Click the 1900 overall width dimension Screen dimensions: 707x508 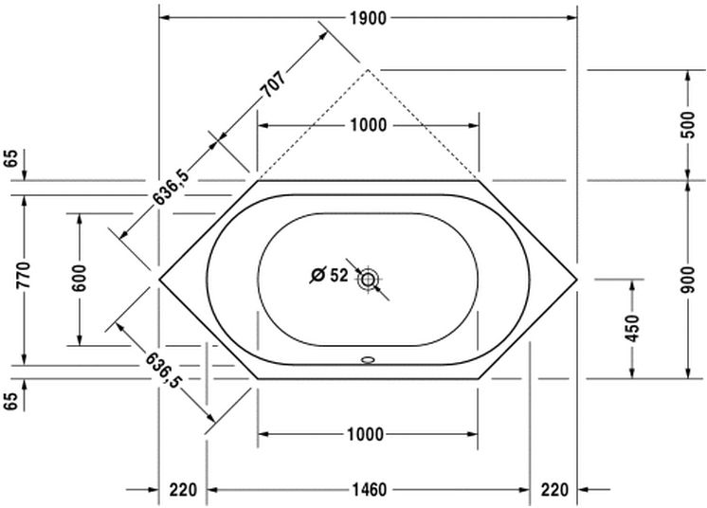(368, 18)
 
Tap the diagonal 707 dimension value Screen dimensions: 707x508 (274, 84)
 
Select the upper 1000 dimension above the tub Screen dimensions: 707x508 (369, 125)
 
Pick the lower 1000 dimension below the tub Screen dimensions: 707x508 (366, 434)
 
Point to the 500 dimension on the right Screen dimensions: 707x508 (688, 125)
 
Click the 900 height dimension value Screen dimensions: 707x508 (688, 280)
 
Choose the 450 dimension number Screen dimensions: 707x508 (633, 328)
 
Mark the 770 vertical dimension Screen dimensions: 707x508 (24, 275)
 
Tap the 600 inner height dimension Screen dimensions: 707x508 (79, 278)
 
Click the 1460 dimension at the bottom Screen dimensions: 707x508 (369, 490)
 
